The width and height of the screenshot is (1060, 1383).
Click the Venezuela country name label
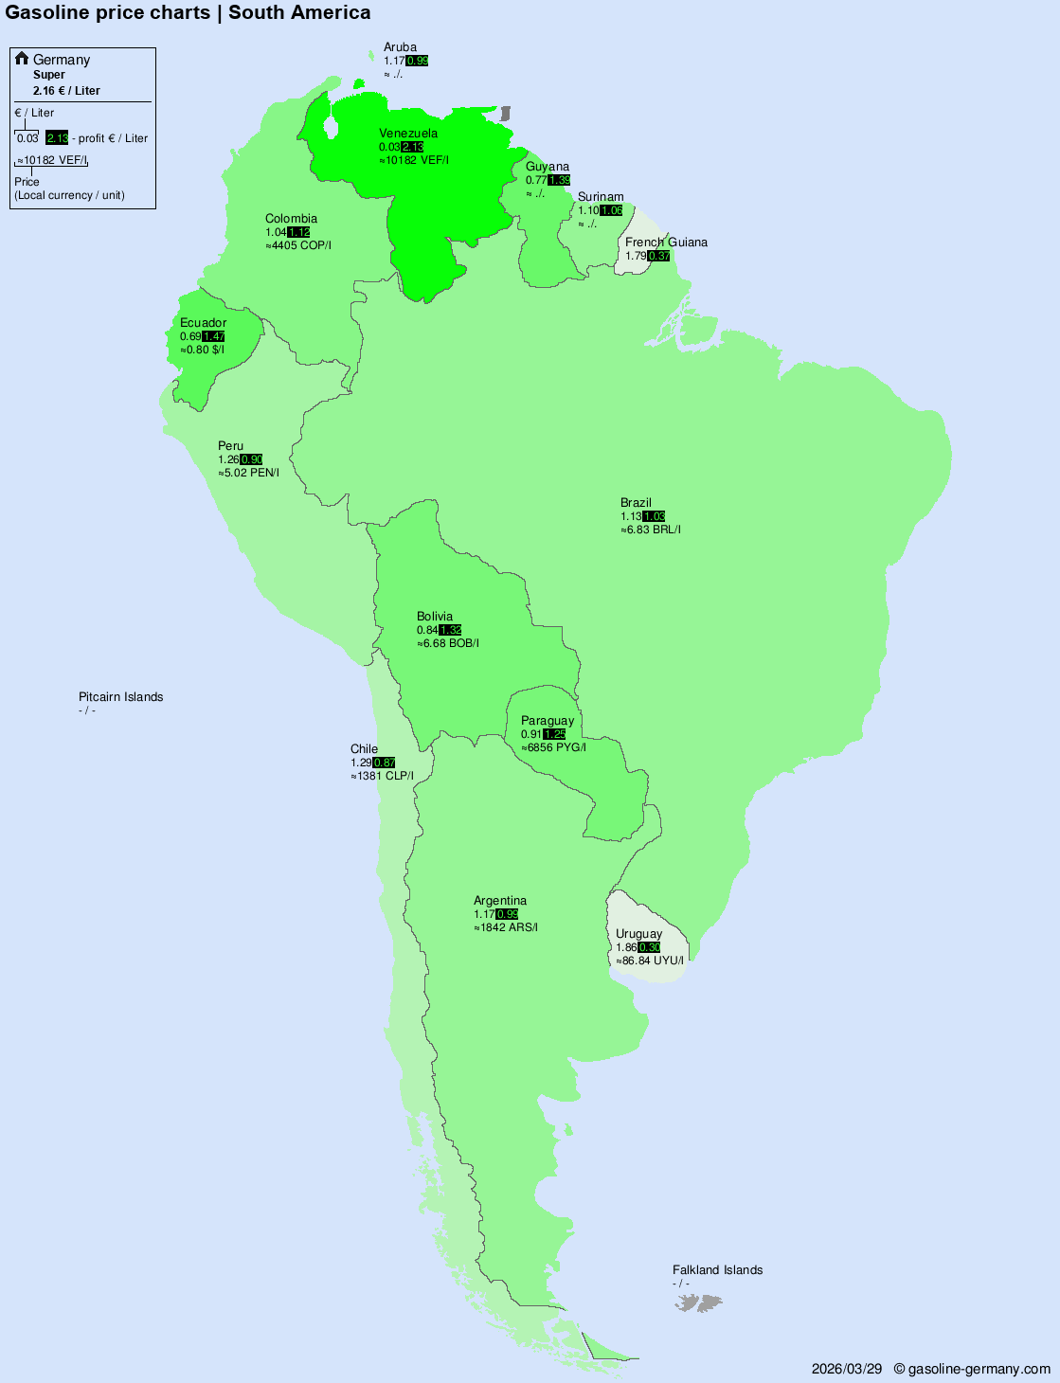click(x=408, y=134)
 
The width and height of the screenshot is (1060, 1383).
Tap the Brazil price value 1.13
click(x=631, y=516)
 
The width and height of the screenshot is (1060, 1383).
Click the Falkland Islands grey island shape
click(x=698, y=1303)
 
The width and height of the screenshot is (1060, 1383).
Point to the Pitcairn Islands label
click(x=120, y=697)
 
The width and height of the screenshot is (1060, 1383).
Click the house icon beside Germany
click(x=22, y=59)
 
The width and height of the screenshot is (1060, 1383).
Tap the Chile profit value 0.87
click(x=385, y=763)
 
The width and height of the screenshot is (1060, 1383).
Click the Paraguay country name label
click(x=547, y=721)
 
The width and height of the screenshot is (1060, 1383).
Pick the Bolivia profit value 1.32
click(x=450, y=630)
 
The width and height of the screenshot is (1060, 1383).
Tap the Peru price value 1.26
click(x=228, y=459)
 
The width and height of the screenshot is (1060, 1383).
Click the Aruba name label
click(x=400, y=47)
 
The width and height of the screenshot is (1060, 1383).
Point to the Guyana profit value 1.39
click(x=559, y=180)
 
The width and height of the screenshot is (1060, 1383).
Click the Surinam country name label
click(x=601, y=197)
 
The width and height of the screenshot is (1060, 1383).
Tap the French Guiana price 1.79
click(x=636, y=256)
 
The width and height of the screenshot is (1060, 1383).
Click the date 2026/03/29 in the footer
click(x=846, y=1369)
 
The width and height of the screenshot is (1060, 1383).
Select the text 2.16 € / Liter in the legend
click(x=66, y=91)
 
